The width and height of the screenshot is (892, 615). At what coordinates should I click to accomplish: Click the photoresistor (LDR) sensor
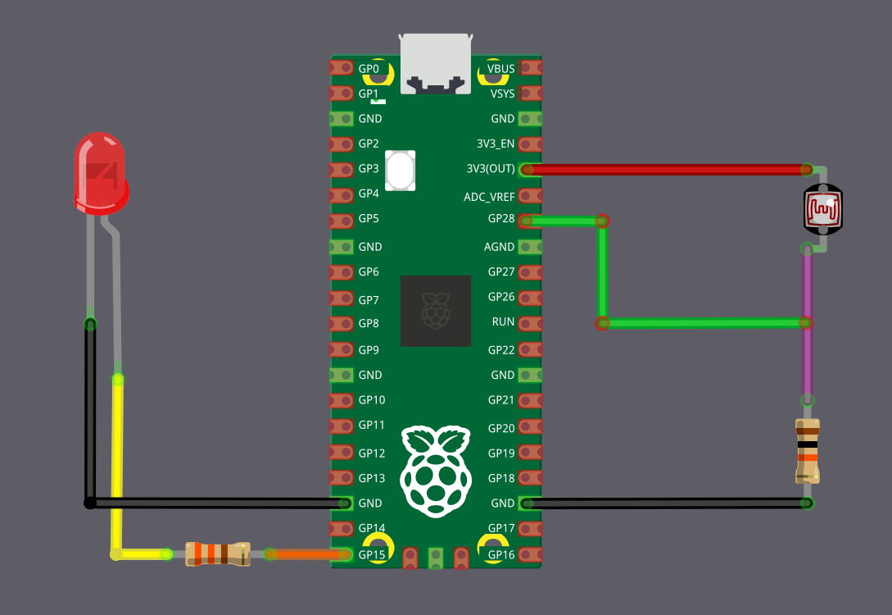point(822,209)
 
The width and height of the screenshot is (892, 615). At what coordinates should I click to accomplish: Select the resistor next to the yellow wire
point(217,553)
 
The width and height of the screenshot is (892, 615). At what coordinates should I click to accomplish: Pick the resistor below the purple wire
point(808,450)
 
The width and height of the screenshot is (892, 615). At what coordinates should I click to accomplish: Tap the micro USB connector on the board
point(436,64)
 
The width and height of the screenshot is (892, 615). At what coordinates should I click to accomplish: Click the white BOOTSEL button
point(401,171)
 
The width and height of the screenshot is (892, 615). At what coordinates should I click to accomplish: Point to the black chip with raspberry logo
point(436,311)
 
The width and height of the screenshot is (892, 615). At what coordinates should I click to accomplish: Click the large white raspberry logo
point(436,471)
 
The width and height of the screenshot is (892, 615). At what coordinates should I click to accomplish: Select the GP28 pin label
point(501,219)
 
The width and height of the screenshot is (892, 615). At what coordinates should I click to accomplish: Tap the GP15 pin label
point(372,554)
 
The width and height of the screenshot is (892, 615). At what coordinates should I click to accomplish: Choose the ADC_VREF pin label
point(489,197)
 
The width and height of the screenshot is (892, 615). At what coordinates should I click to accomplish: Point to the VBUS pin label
point(500,68)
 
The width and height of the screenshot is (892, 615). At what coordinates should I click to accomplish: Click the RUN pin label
point(503,322)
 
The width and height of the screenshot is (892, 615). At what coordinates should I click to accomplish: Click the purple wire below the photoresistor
point(808,328)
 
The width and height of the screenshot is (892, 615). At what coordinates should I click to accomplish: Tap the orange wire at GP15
point(305,554)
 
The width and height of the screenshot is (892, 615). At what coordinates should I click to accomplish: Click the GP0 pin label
point(369,68)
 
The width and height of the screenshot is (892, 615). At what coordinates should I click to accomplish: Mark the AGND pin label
point(500,247)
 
